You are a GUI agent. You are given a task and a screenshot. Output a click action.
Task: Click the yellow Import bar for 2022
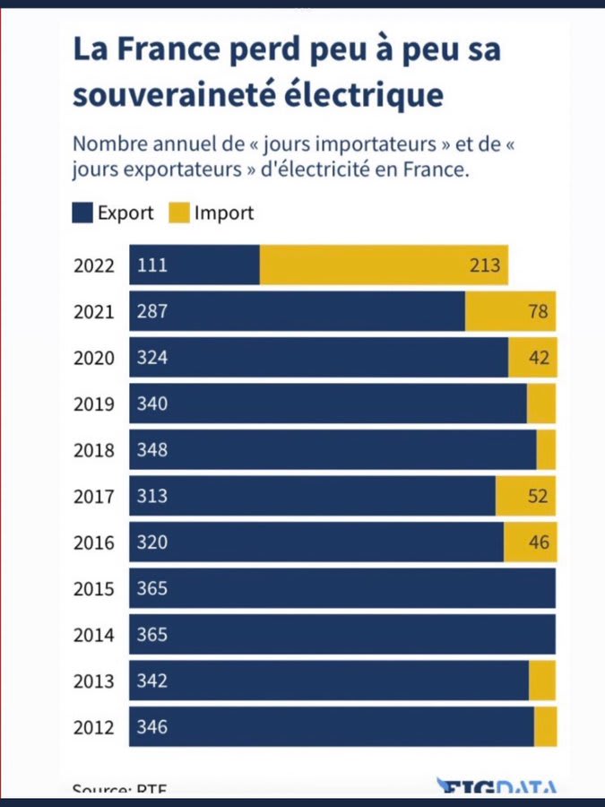[384, 265]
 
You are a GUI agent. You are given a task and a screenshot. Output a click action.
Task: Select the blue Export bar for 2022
[194, 265]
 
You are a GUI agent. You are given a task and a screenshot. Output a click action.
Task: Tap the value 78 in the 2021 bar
[540, 311]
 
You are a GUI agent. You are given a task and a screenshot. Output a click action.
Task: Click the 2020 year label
[94, 358]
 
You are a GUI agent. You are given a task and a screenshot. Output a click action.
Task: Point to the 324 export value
[152, 358]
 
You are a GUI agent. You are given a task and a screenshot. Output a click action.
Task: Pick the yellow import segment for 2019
[541, 403]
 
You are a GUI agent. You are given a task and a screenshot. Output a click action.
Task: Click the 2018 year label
[94, 450]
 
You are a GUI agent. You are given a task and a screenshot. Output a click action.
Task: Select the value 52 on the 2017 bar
[539, 496]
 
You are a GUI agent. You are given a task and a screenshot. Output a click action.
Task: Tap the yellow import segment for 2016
[530, 542]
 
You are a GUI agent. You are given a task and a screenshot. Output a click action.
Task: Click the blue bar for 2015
[342, 588]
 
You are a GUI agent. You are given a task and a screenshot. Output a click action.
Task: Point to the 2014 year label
[94, 635]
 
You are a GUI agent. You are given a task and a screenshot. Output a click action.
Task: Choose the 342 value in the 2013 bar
[152, 681]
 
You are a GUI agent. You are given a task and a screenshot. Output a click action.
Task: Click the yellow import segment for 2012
[545, 726]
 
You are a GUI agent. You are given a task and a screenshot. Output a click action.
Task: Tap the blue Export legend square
[82, 213]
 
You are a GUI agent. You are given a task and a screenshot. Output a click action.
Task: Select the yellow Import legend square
[177, 213]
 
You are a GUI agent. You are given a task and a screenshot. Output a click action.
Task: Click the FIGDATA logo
[496, 787]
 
